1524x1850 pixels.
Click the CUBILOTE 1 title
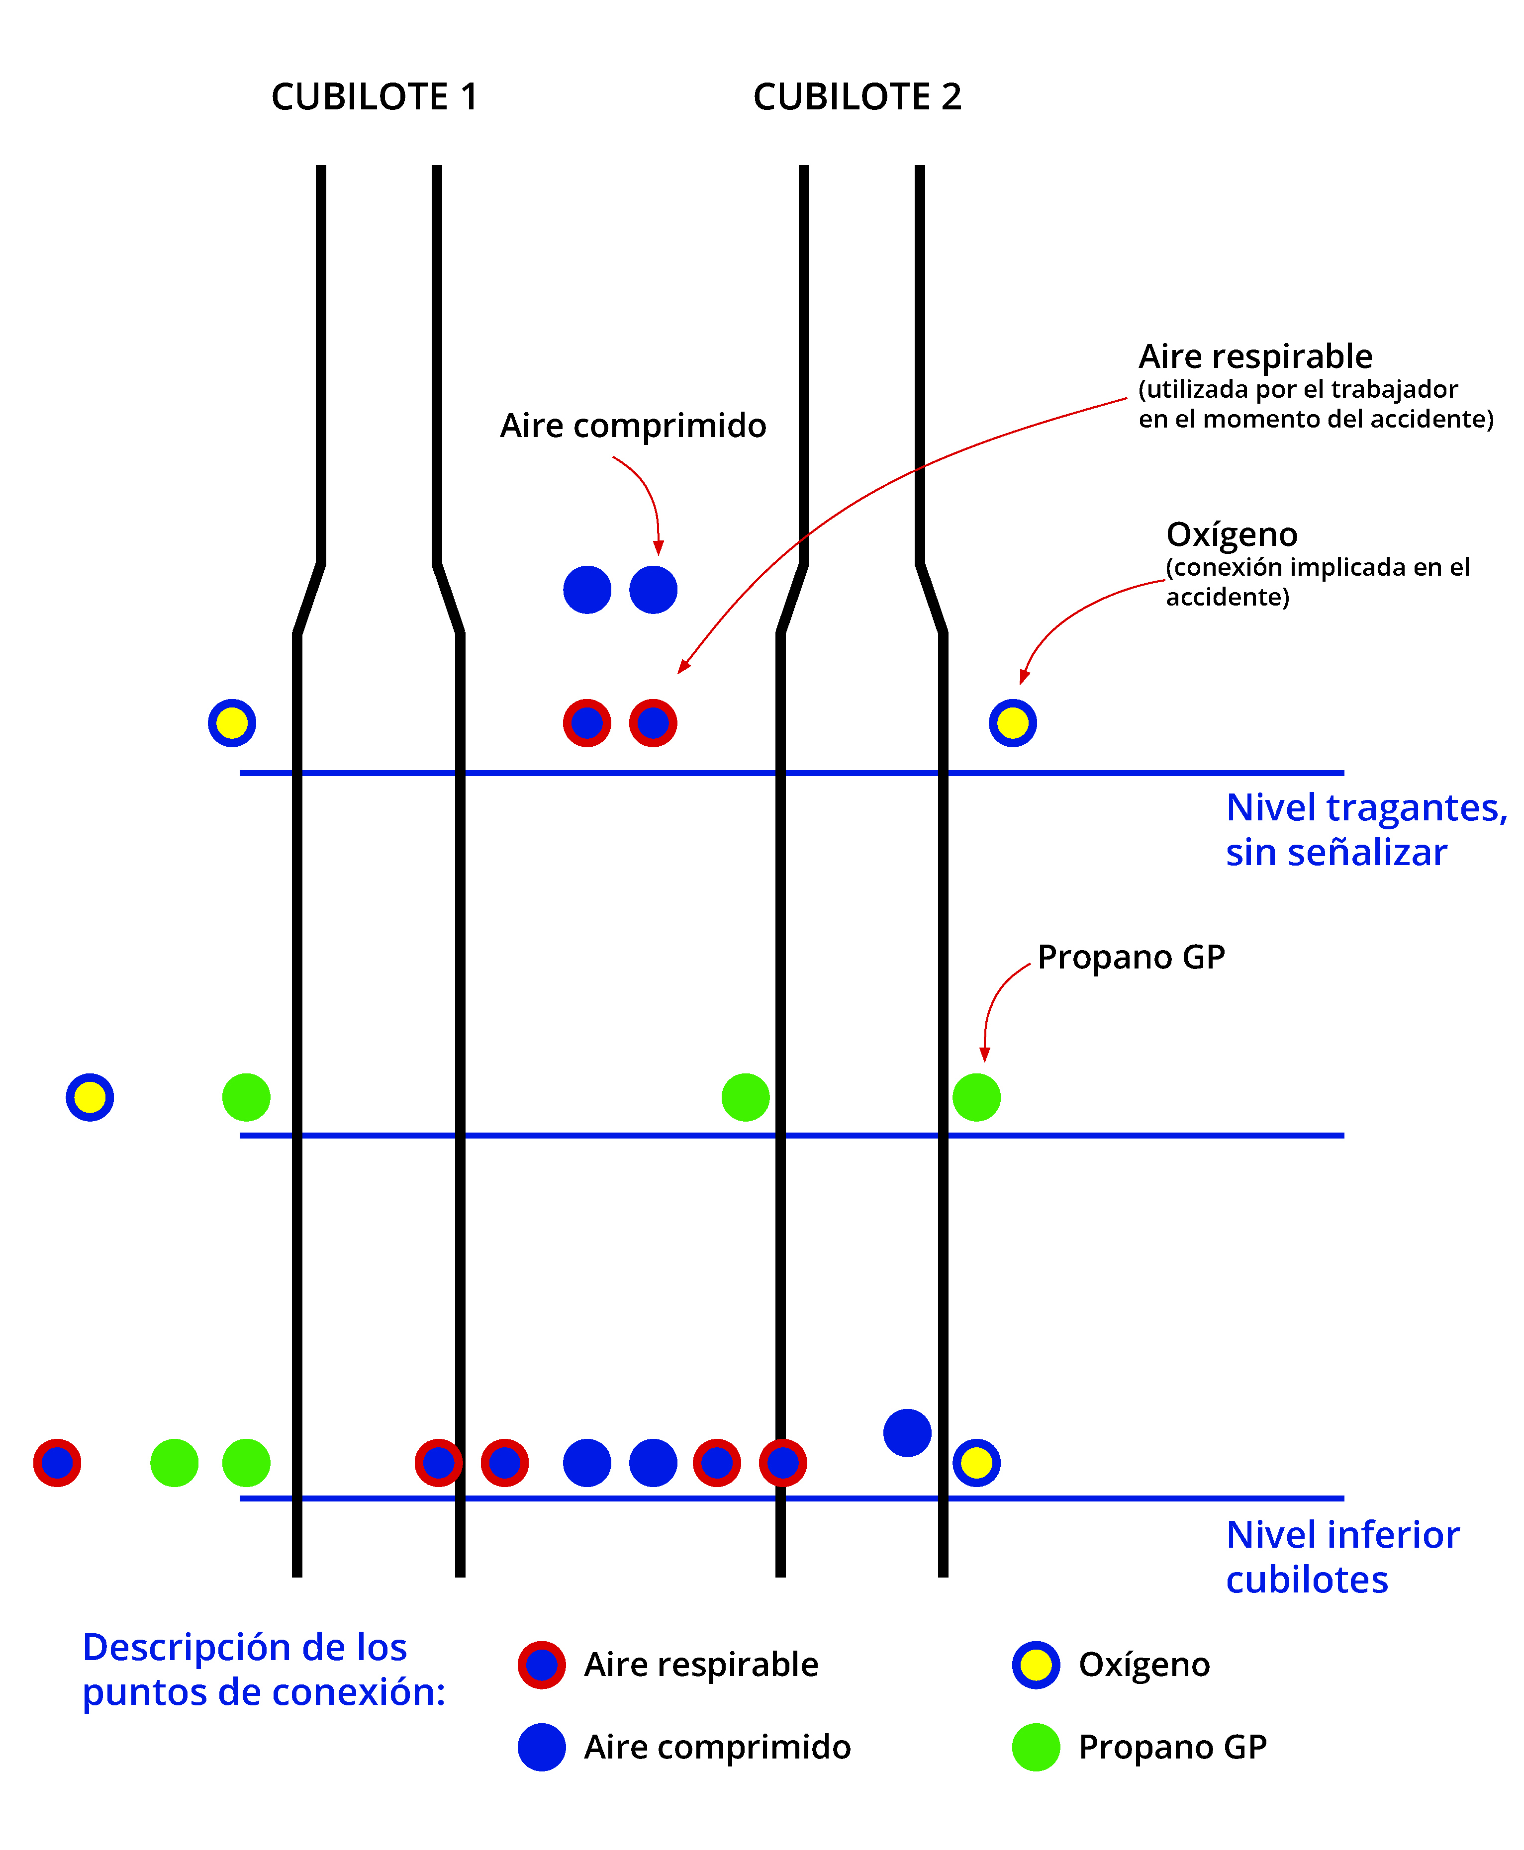click(x=375, y=96)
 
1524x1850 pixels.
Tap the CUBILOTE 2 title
click(x=857, y=96)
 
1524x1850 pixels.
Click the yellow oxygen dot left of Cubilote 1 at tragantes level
click(x=232, y=723)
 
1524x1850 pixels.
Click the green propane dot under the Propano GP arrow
click(x=976, y=1097)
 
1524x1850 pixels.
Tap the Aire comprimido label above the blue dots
click(x=633, y=426)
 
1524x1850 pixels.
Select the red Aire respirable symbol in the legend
click(x=542, y=1665)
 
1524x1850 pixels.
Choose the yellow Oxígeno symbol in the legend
click(x=1036, y=1665)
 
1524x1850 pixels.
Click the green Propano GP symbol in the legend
click(x=1036, y=1747)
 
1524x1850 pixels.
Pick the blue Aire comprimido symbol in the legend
click(x=542, y=1747)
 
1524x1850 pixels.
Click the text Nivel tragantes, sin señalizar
click(x=1365, y=829)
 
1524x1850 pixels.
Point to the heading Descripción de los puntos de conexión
click(x=263, y=1669)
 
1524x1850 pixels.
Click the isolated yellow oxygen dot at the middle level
click(x=90, y=1097)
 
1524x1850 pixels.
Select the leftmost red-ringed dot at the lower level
click(x=57, y=1463)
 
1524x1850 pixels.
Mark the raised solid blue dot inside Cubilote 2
click(x=907, y=1433)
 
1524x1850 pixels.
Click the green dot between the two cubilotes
click(x=745, y=1097)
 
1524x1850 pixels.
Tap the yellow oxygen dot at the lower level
click(x=976, y=1463)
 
